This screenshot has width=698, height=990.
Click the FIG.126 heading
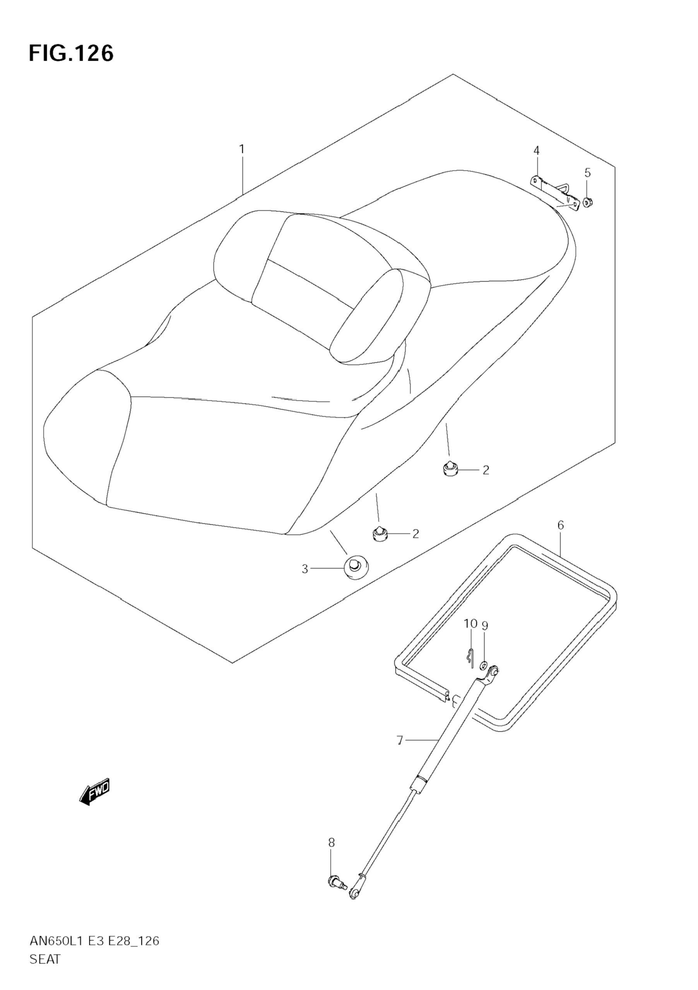pos(71,53)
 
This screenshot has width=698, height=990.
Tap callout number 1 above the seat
pos(242,149)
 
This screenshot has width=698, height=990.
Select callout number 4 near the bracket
pos(536,151)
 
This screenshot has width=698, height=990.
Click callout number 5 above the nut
pos(588,173)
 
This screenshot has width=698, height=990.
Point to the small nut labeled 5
pos(587,201)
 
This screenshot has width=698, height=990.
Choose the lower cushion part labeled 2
pos(379,534)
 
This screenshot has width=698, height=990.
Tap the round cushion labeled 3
pos(356,568)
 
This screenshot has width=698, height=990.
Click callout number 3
pos(305,569)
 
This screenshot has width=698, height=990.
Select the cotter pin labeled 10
pos(470,657)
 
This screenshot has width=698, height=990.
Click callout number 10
pos(470,624)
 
